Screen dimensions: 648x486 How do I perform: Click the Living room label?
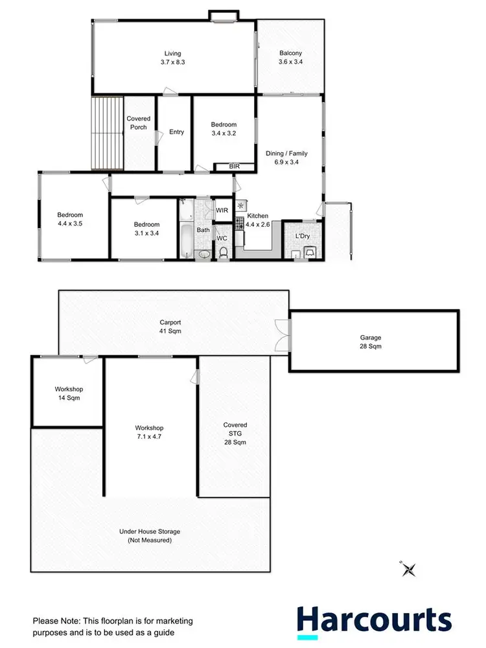click(172, 53)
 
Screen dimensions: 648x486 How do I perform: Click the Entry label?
click(176, 132)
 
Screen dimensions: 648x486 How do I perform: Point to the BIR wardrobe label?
click(235, 167)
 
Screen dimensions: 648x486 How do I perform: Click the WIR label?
click(222, 211)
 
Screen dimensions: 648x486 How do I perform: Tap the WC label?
click(222, 238)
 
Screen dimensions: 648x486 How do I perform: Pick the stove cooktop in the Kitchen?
click(239, 224)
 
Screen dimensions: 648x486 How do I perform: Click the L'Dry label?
click(303, 236)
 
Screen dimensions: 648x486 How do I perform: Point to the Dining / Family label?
click(286, 158)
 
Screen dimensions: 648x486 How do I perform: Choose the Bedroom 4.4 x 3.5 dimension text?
click(70, 224)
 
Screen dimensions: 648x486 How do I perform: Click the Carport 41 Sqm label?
click(170, 326)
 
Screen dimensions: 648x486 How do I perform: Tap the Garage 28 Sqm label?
click(371, 341)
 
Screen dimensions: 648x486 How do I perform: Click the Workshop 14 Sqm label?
click(68, 393)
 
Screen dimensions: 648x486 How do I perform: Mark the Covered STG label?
click(235, 434)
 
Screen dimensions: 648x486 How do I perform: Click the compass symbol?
click(408, 569)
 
